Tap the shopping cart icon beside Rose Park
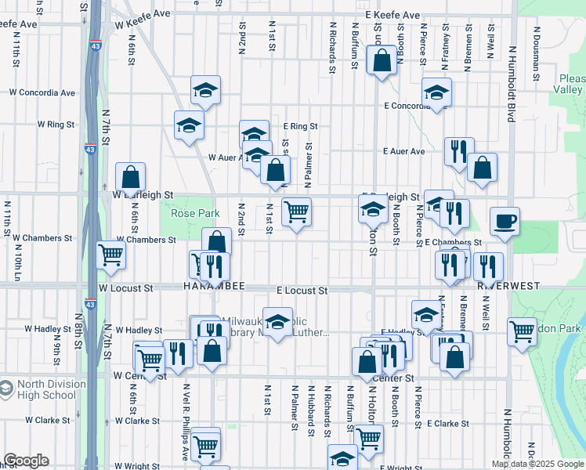[x=296, y=211]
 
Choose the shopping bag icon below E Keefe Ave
[x=382, y=62]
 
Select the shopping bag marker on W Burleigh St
[x=130, y=177]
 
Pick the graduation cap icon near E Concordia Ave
[x=436, y=92]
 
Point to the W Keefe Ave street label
[x=144, y=14]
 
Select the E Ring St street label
[x=301, y=125]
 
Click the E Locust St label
[x=302, y=290]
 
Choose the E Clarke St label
[x=447, y=423]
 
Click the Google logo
[x=26, y=461]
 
